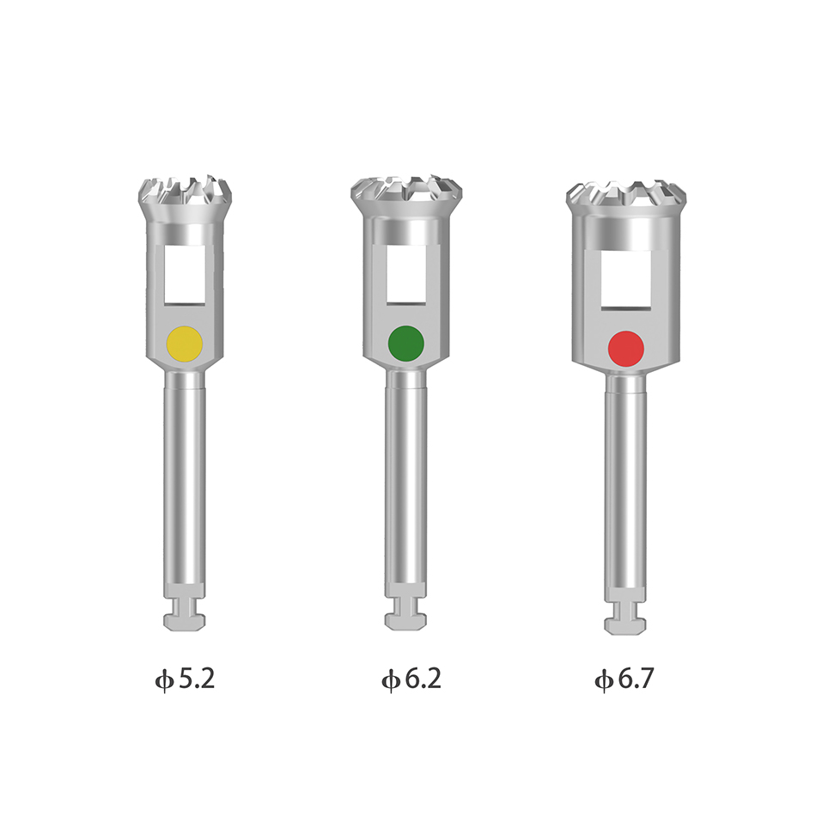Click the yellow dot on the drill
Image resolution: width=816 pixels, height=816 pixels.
pos(184,344)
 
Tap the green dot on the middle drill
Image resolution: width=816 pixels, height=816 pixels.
pos(406,344)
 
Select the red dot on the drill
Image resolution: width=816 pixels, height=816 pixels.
pos(626,349)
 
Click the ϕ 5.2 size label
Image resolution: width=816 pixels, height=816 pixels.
pos(185,679)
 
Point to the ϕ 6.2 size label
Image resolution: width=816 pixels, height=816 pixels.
pos(411,679)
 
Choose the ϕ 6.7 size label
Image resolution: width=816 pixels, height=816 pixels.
pos(624,679)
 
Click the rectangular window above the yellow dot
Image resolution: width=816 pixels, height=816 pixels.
pos(184,275)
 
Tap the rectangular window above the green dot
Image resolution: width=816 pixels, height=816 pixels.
pos(406,274)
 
